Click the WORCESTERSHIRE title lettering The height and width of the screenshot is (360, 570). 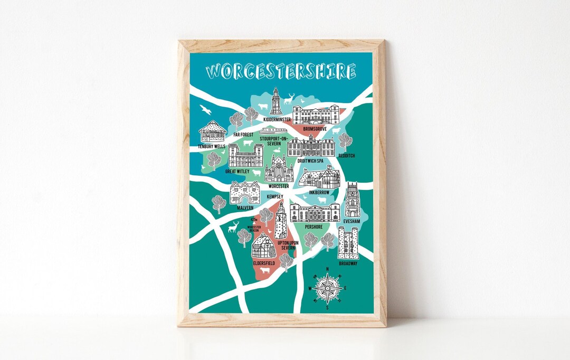click(281, 71)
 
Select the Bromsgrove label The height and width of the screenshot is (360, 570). click(315, 129)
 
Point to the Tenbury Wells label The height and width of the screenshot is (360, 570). click(212, 146)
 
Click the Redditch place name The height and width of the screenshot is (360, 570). click(347, 156)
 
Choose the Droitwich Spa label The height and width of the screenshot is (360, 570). click(310, 161)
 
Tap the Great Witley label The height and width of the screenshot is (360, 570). click(238, 171)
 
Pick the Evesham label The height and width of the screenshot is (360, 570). click(351, 222)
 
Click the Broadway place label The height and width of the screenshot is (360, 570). click(348, 263)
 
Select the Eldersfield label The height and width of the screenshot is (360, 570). click(264, 262)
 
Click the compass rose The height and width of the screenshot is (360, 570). click(327, 288)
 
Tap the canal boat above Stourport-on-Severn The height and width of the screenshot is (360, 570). click(274, 130)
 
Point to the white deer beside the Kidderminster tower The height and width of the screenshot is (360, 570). click(289, 99)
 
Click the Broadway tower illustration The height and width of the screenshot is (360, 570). click(348, 243)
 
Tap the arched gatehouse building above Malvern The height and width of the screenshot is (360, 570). click(244, 192)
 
